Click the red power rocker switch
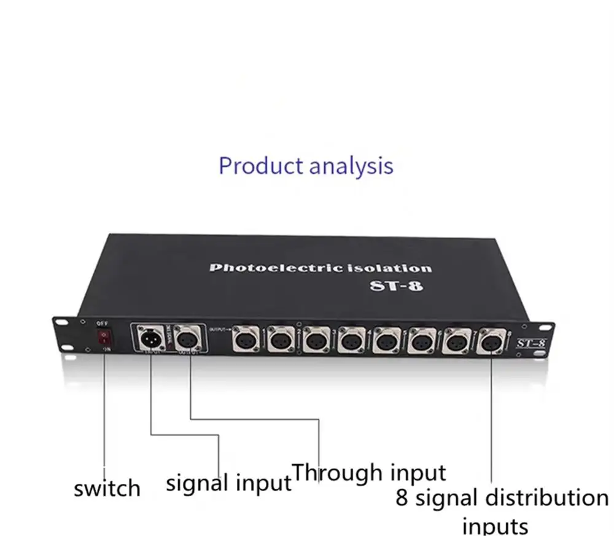(105, 337)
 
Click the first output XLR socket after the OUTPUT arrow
(244, 338)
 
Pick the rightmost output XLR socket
(491, 340)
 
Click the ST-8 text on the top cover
(397, 286)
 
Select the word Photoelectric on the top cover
(268, 268)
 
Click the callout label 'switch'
(107, 489)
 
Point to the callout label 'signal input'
(228, 483)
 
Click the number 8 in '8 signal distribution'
(402, 498)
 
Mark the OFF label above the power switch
(103, 323)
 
